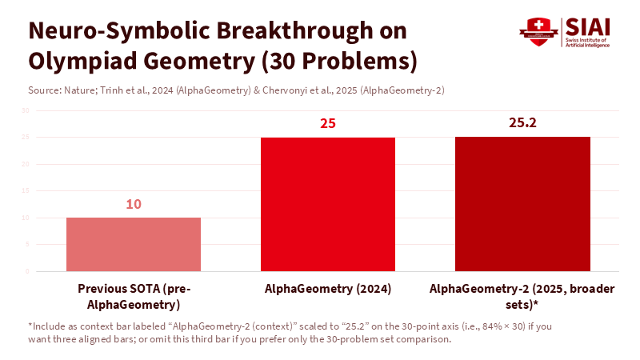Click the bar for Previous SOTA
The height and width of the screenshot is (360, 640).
tap(134, 244)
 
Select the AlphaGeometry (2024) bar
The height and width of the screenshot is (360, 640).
tap(328, 204)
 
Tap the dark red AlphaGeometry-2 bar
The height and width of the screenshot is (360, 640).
tap(522, 204)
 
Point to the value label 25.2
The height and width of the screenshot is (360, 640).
tap(522, 122)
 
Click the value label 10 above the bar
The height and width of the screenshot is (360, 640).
tap(134, 204)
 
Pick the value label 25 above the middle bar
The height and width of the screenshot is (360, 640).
tap(328, 124)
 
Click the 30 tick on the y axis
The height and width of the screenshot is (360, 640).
tap(26, 110)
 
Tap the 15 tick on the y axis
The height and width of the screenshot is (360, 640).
tap(26, 191)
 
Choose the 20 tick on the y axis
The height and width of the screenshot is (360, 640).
tap(26, 164)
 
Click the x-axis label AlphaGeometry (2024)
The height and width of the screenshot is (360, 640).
tap(328, 289)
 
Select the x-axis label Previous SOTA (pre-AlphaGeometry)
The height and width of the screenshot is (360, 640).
tap(134, 296)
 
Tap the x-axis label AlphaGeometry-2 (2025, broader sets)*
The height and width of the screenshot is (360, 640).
tap(522, 296)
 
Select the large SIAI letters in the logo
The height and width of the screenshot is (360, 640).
tap(587, 26)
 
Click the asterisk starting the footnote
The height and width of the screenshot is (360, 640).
tap(30, 326)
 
